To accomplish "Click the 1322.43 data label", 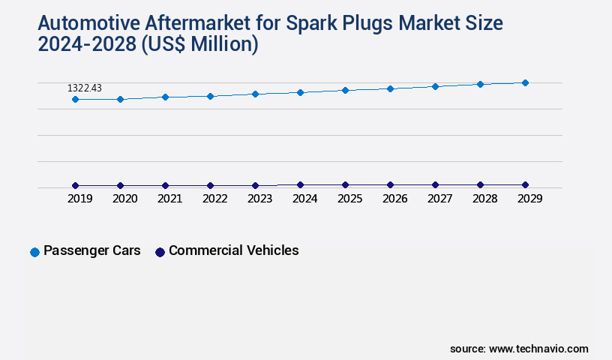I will [85, 88].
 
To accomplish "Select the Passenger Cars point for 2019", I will [75, 99].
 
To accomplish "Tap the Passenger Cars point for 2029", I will [525, 82].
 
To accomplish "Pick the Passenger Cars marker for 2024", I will [300, 92].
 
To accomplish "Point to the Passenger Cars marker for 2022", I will [210, 96].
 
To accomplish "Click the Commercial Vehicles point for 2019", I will [75, 185].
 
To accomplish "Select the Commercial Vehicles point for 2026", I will [390, 184].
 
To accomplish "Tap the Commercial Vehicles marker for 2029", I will [525, 184].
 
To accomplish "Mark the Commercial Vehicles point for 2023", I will [255, 185].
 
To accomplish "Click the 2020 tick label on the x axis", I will [124, 199].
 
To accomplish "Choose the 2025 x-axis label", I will [349, 199].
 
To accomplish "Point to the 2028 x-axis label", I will [484, 199].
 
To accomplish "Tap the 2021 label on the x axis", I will [169, 199].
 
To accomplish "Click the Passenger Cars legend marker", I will [34, 252].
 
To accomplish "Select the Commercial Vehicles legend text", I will [233, 250].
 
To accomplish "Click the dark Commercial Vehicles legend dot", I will [159, 252].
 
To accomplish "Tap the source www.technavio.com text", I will [519, 349].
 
